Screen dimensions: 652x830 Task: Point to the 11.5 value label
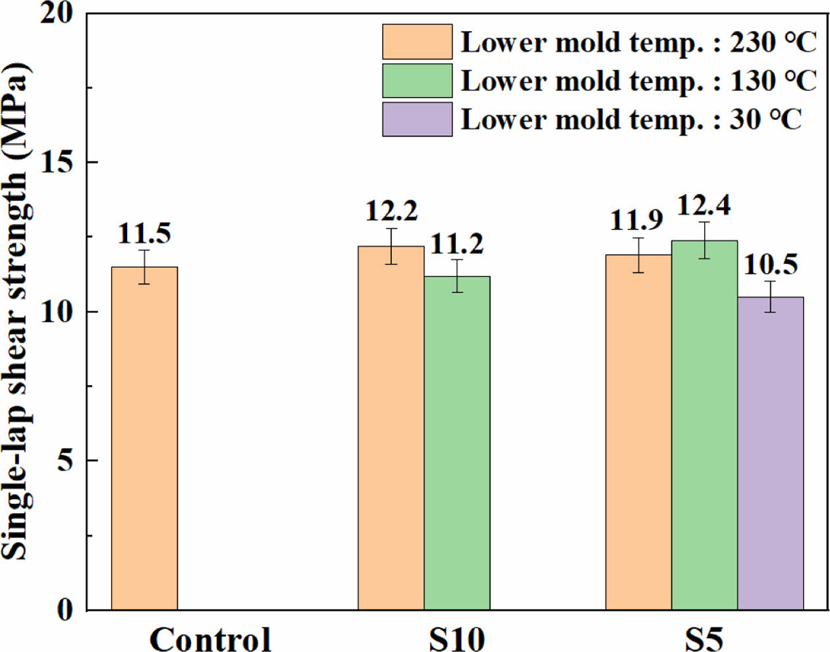[144, 234]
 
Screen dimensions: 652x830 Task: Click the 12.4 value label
[704, 206]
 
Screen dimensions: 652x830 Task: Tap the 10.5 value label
[770, 265]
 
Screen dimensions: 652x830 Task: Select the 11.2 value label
[457, 244]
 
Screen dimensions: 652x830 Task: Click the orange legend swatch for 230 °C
[417, 42]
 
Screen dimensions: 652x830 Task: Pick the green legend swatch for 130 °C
[417, 81]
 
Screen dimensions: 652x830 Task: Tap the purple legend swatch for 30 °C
[417, 119]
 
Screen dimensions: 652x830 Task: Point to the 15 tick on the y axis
[59, 162]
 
